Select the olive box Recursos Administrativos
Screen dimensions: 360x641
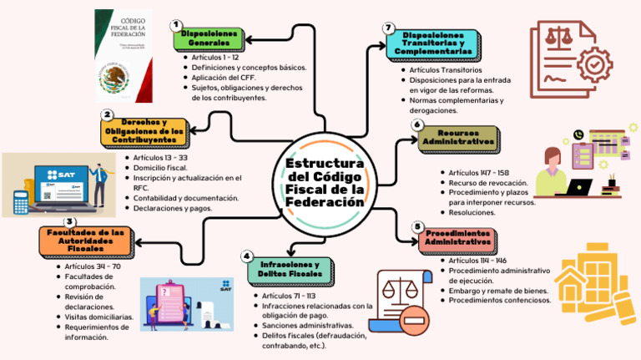[x=457, y=138]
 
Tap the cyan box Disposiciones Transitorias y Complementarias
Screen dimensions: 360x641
[x=433, y=44]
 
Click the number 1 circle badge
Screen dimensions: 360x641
[x=176, y=25]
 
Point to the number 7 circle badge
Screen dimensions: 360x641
[x=389, y=28]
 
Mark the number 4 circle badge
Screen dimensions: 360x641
[x=246, y=256]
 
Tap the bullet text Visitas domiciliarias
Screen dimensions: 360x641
[x=98, y=317]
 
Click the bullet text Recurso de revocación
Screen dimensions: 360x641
[x=487, y=182]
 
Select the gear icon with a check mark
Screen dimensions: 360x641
[x=593, y=63]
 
